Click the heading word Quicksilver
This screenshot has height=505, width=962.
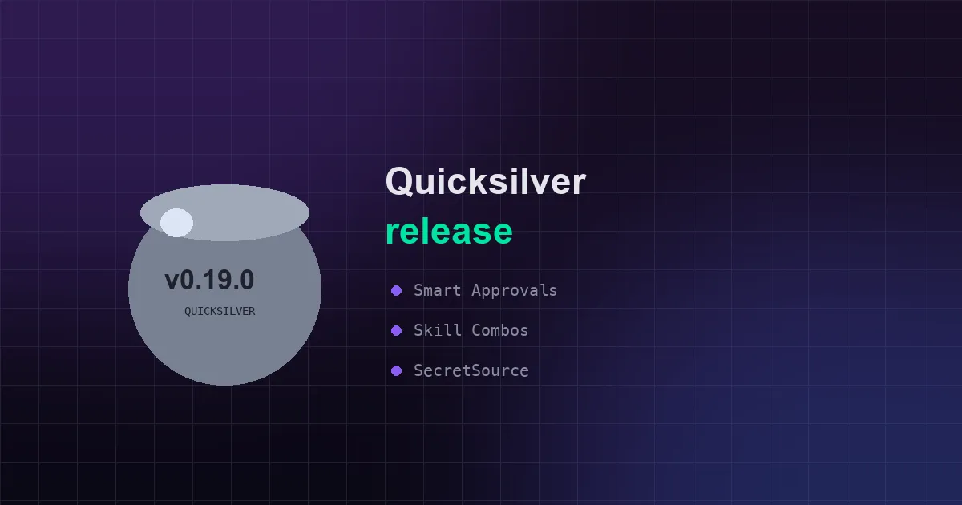point(486,181)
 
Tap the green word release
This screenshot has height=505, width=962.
point(449,231)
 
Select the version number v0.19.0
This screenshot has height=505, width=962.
point(209,280)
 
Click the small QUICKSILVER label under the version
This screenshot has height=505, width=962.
point(220,311)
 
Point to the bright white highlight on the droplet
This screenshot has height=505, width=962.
point(176,223)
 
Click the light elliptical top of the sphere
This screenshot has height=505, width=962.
point(224,212)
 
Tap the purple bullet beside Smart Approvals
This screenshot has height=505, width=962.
point(396,291)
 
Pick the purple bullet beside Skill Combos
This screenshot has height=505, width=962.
point(396,330)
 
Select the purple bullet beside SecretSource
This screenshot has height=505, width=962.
point(396,370)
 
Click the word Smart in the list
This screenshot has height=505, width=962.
point(438,291)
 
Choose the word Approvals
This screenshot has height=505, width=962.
point(515,291)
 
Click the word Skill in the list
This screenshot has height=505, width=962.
point(438,330)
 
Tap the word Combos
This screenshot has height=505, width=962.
point(500,330)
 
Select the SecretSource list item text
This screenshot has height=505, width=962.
point(471,370)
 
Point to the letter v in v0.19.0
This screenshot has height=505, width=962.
point(172,281)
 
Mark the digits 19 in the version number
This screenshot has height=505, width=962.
point(210,280)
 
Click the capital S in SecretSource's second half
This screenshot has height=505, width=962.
point(476,370)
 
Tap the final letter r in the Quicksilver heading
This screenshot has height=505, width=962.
point(579,184)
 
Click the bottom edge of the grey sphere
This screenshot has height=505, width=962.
point(224,385)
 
